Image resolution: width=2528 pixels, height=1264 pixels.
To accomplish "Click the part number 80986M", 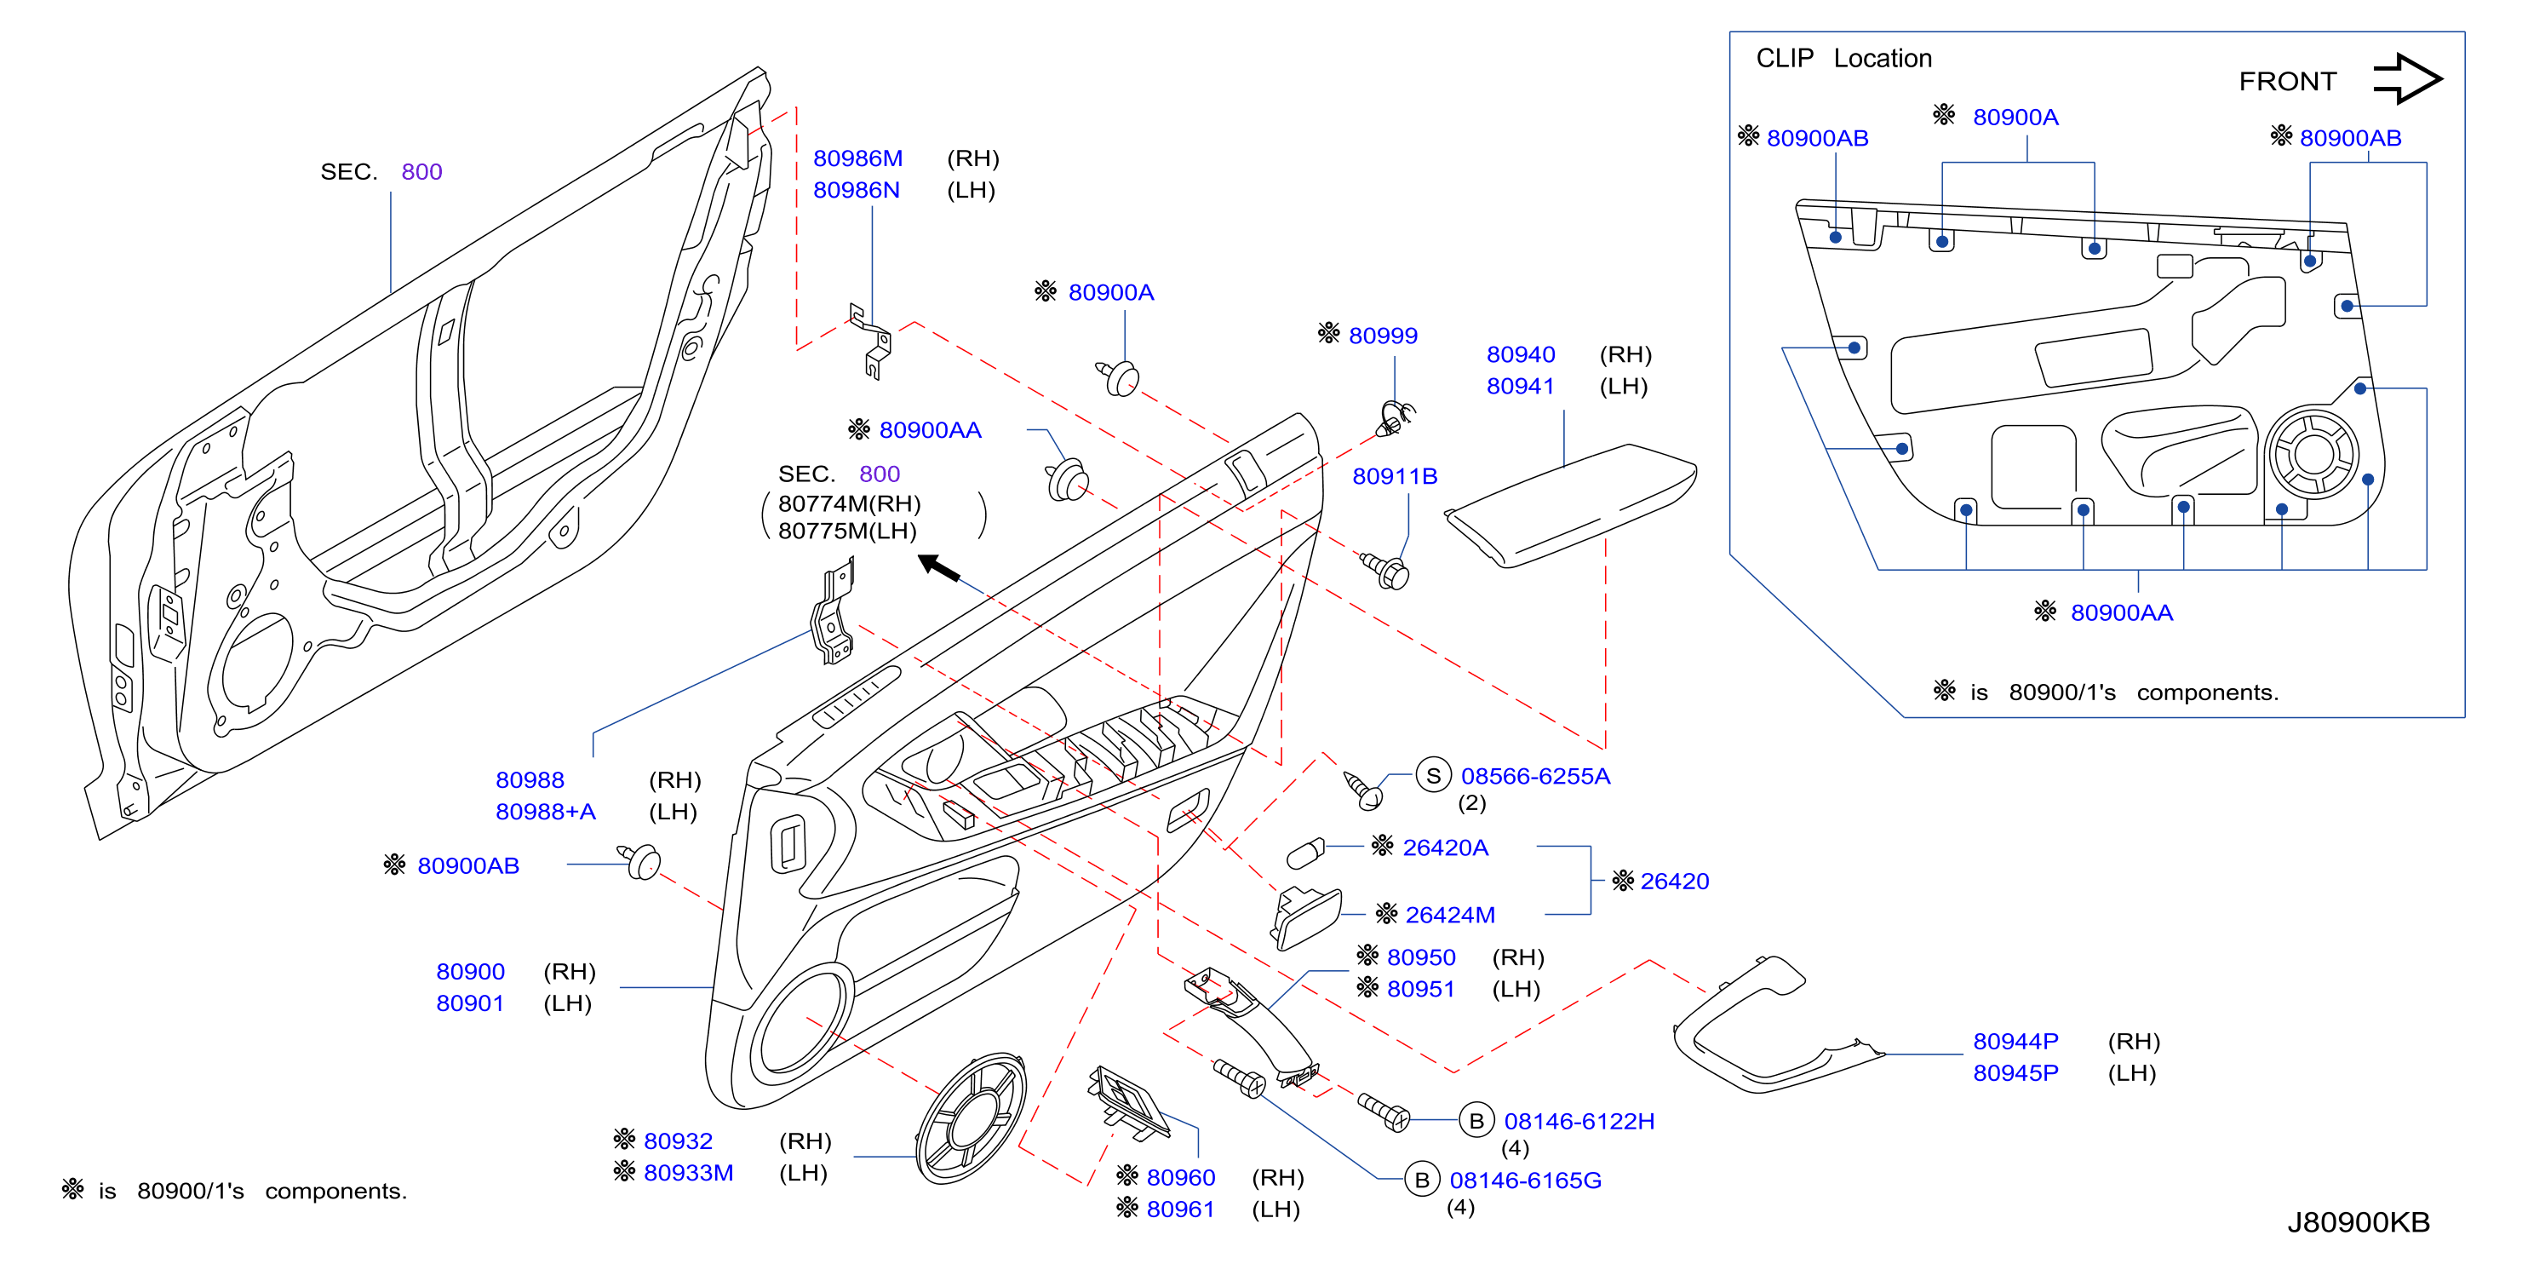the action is (857, 158).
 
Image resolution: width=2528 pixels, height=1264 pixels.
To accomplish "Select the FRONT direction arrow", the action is (2407, 78).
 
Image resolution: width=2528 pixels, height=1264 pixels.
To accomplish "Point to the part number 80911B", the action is (1395, 476).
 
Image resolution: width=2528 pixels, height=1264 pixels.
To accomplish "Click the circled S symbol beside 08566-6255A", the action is (1433, 775).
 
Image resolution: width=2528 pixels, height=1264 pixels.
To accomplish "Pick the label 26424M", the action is (1449, 915).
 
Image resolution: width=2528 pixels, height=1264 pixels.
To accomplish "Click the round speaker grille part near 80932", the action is (971, 1118).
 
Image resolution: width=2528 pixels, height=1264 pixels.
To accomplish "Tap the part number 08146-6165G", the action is (1525, 1180).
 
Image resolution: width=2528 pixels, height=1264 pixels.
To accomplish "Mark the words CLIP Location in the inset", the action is (1844, 59).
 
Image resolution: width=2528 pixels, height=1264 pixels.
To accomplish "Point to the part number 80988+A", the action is (546, 812).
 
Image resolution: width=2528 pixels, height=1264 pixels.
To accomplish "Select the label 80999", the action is (1383, 336).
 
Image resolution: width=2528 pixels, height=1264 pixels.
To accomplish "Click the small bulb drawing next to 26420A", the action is (1305, 853).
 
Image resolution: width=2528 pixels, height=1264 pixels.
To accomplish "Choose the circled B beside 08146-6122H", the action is (1476, 1121).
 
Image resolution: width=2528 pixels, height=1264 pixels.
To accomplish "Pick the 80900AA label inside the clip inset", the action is (2122, 612).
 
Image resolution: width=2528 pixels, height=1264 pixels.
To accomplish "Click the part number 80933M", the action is (688, 1173).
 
